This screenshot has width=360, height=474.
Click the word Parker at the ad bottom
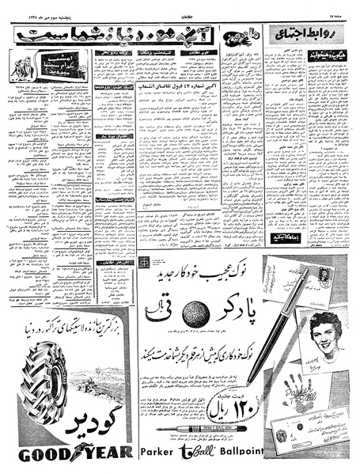[167, 453]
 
